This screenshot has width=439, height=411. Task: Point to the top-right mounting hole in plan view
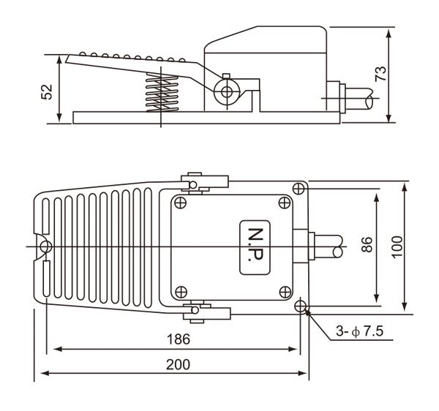click(299, 189)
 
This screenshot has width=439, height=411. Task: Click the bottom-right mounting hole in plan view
click(301, 306)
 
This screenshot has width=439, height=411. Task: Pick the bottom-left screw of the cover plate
click(181, 290)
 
